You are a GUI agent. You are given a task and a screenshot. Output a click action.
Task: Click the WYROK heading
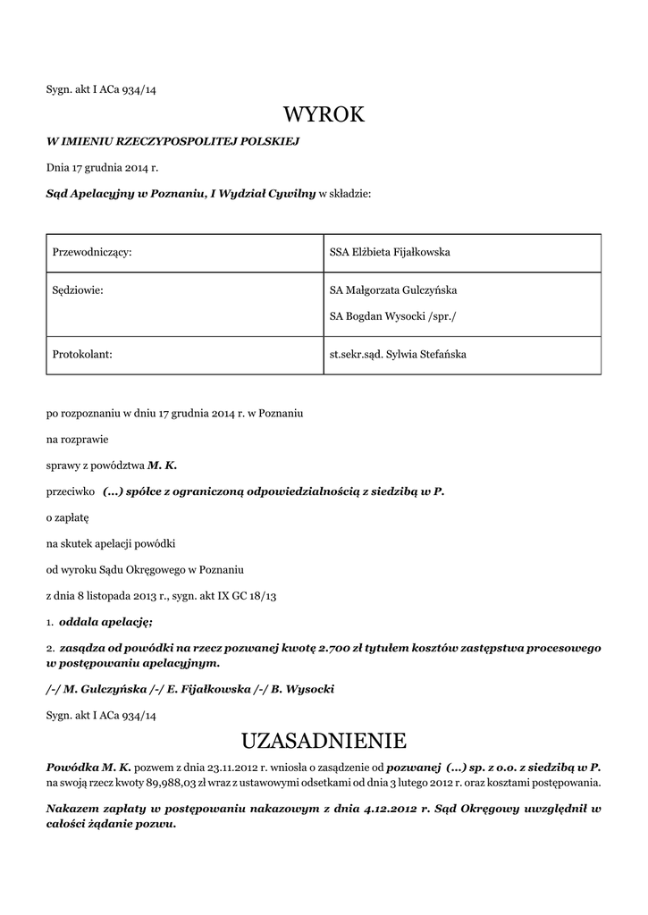[x=324, y=115]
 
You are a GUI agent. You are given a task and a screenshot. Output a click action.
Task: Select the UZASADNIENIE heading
[x=324, y=741]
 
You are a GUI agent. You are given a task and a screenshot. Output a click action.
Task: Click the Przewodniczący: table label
[x=93, y=253]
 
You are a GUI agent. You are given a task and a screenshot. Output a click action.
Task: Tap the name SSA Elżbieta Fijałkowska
[x=390, y=253]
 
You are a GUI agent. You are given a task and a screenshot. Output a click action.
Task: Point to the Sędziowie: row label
[x=80, y=290]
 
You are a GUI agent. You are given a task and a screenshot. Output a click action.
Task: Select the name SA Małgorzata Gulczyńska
[x=394, y=290]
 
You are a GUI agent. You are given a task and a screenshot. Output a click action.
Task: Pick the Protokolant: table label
[x=82, y=355]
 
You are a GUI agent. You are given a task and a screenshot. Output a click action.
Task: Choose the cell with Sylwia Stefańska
[x=398, y=355]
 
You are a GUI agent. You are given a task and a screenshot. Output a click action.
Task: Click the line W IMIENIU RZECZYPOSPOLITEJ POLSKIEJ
[x=173, y=141]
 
